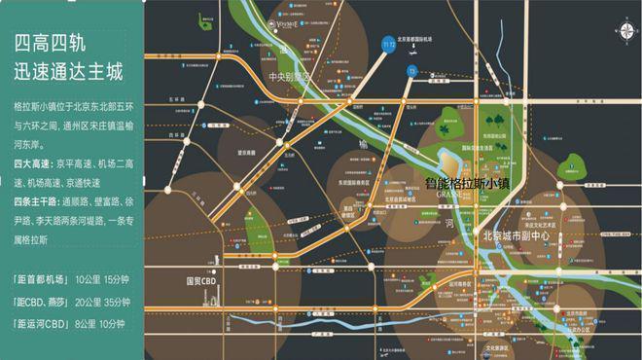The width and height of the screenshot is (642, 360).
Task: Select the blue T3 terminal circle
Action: pos(412,71)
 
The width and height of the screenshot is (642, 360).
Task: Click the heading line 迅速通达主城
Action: pos(67,72)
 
